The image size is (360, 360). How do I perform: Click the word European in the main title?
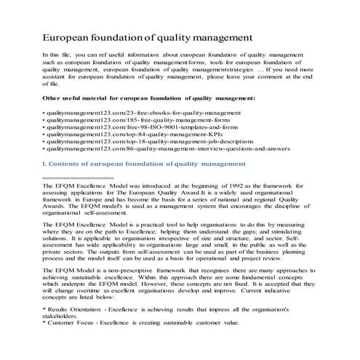pyautogui.click(x=67, y=36)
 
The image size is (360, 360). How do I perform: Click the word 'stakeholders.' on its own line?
pyautogui.click(x=63, y=316)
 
